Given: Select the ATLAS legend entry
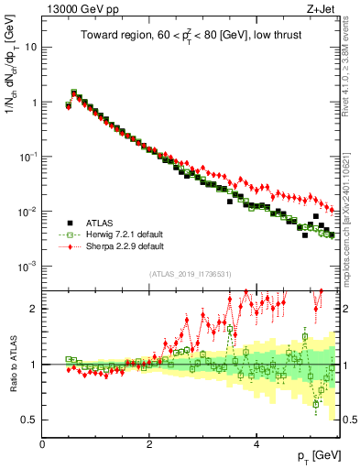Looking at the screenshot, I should point(101,223).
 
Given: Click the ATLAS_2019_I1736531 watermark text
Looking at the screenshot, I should point(193,274).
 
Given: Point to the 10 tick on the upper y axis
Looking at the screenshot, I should point(32,47).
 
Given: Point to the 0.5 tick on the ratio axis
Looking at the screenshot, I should point(30,420).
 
